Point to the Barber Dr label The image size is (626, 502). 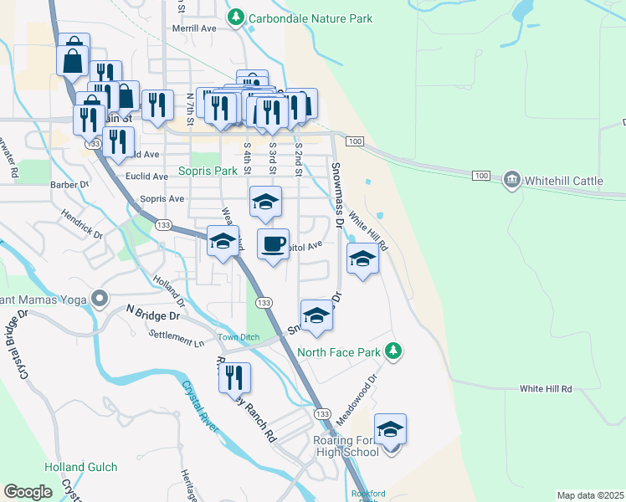pos(69,184)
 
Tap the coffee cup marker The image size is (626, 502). pos(273,244)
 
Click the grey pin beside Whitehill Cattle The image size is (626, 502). pos(510,180)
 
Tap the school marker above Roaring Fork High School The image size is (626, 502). pos(390,430)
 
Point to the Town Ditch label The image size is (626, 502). pos(239,337)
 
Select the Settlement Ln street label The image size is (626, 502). pos(176,338)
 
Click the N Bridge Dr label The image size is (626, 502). pos(153,313)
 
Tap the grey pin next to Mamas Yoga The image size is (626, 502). pos(100,298)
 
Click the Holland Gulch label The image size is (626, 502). pos(83,467)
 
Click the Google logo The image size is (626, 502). pos(28,492)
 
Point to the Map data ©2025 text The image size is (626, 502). pos(590,495)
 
